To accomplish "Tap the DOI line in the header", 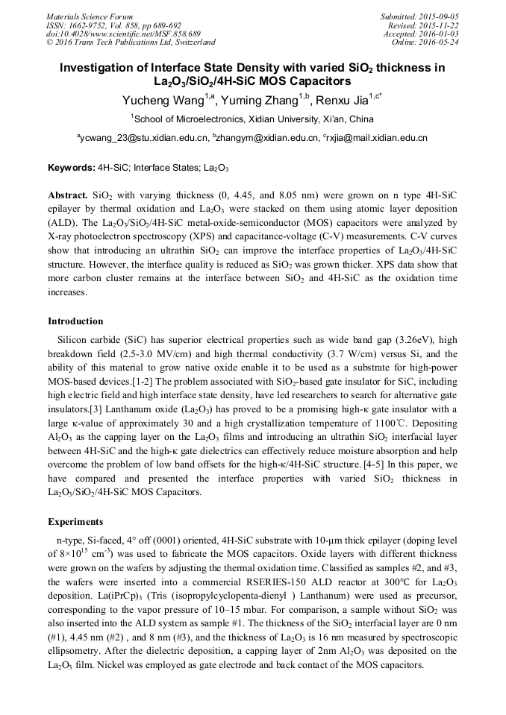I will (123, 34).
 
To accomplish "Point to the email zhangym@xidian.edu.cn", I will (259, 138).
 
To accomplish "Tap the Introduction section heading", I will (75, 321).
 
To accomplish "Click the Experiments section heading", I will (75, 521).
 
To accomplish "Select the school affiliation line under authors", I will (252, 119).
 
